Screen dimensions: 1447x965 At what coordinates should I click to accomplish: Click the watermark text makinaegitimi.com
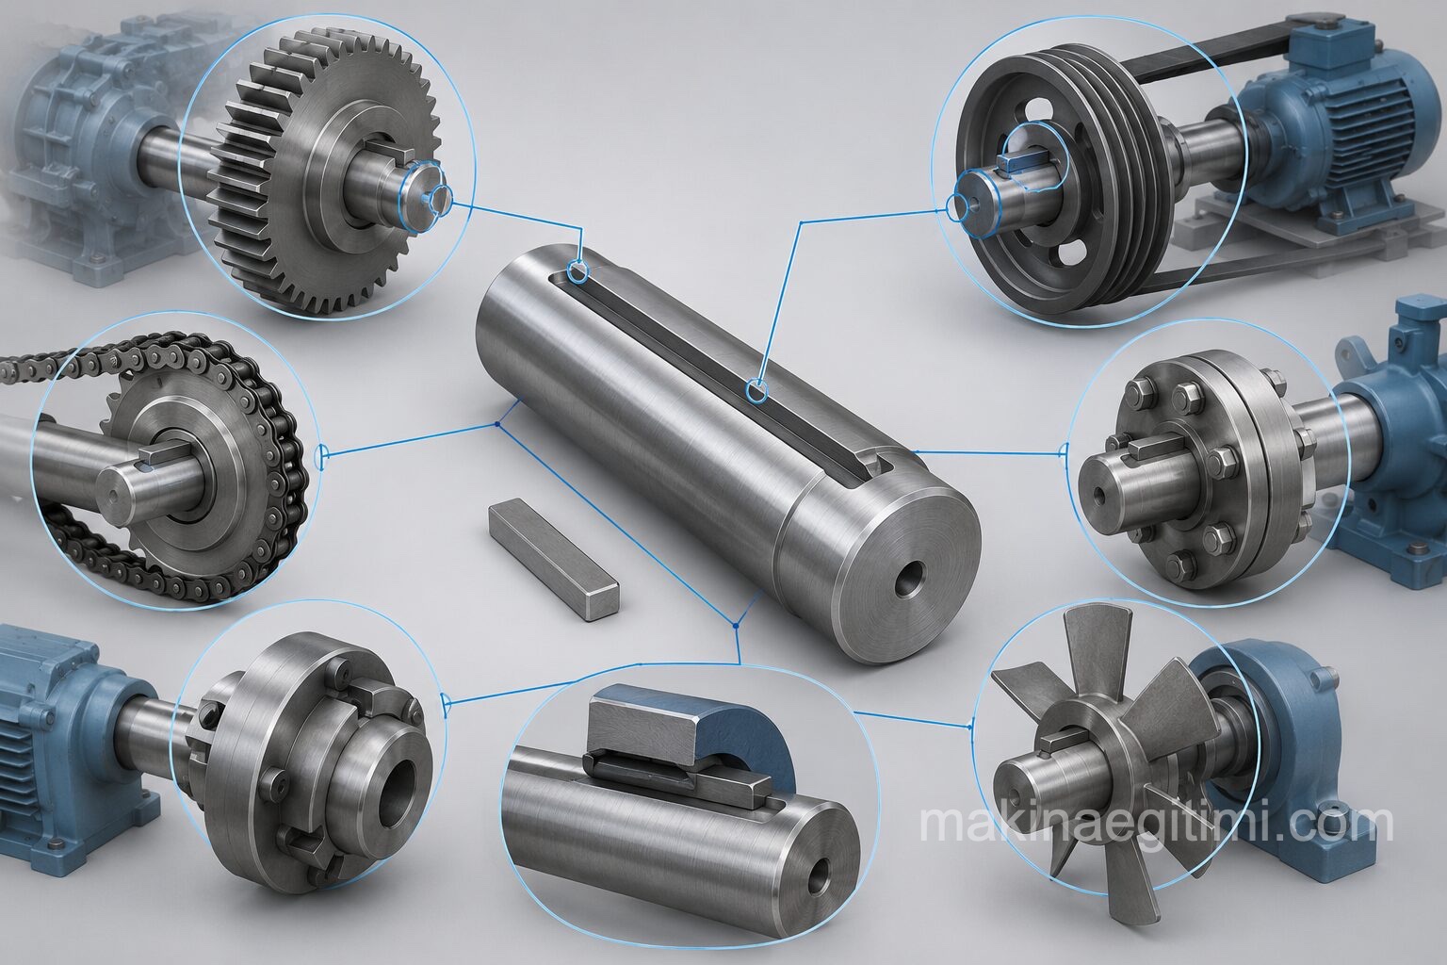[x=1156, y=822]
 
